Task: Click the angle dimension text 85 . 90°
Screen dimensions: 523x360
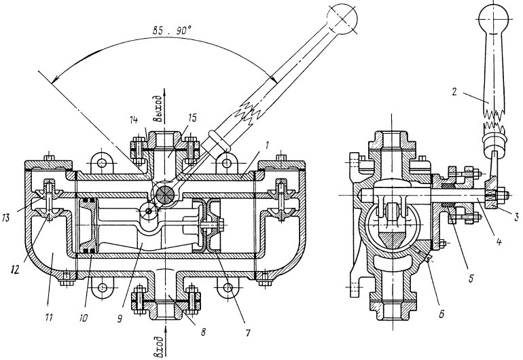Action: point(171,31)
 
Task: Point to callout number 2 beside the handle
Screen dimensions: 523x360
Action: point(454,92)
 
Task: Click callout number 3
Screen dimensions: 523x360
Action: point(516,217)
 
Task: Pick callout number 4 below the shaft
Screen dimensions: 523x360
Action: point(499,242)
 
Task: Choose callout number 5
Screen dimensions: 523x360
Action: point(471,278)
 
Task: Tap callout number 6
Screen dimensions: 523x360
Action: point(441,314)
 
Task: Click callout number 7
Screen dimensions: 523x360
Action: point(247,333)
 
